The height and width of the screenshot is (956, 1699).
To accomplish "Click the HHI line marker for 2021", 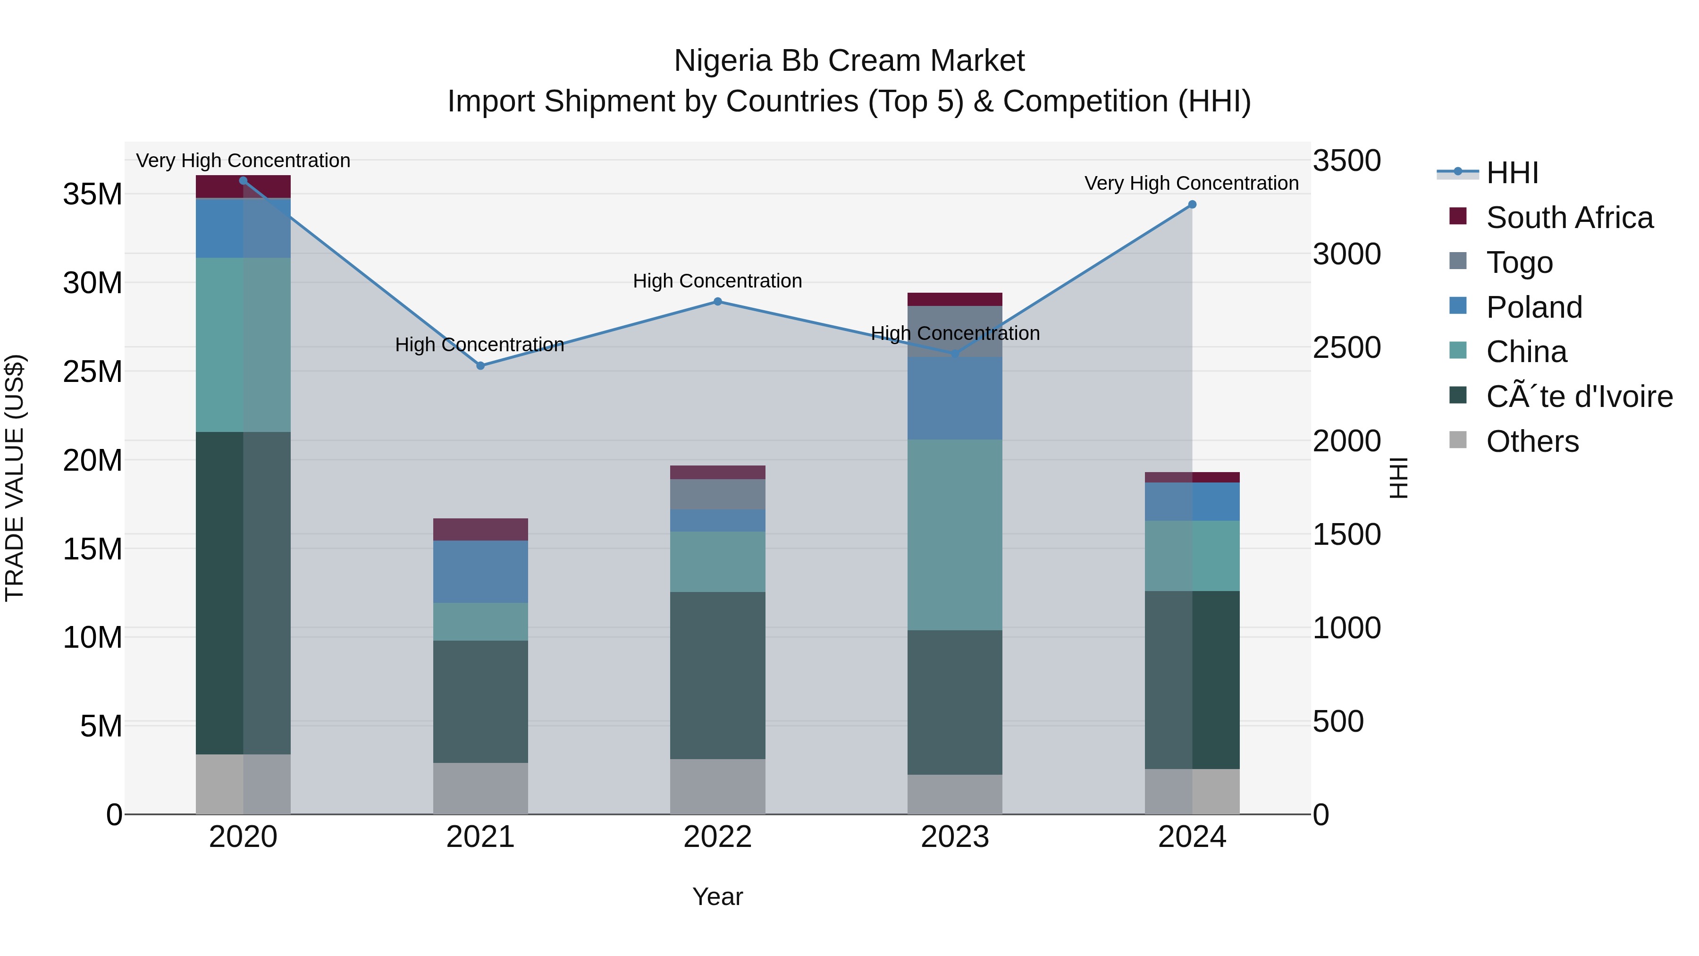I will coord(480,365).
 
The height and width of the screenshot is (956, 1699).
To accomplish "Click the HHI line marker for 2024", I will coord(1192,204).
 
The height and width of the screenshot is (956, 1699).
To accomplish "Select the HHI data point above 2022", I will coord(717,302).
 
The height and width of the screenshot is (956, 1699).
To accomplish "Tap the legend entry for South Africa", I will coord(1569,218).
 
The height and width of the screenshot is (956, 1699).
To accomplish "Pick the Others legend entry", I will coord(1532,441).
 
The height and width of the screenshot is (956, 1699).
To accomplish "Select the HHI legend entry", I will coord(1512,173).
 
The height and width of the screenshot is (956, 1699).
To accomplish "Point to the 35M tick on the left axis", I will coord(93,195).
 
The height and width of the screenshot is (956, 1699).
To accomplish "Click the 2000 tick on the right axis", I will coord(1346,441).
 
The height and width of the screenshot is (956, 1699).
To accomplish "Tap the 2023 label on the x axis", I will coord(954,837).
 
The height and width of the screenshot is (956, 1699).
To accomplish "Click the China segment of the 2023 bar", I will coord(954,534).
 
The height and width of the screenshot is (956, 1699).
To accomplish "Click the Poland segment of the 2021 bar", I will coord(480,571).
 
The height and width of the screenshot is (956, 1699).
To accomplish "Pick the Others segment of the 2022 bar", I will coord(717,787).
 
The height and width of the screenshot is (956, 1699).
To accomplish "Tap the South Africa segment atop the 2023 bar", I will coord(954,299).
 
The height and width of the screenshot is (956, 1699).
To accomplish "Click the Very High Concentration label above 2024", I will coord(1191,184).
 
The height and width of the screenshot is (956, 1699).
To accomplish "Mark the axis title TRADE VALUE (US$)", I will coord(15,478).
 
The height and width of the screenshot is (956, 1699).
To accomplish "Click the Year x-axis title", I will coord(717,897).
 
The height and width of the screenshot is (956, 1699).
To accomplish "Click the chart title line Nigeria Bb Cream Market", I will coord(849,61).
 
